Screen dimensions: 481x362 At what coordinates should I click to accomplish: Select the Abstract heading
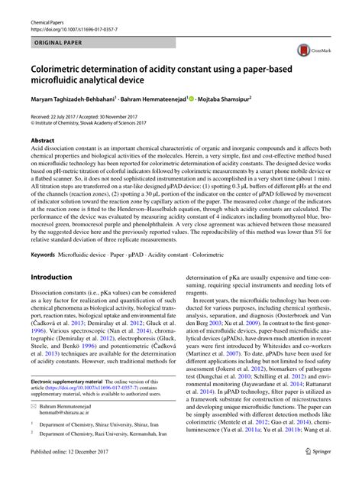click(x=43, y=141)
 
